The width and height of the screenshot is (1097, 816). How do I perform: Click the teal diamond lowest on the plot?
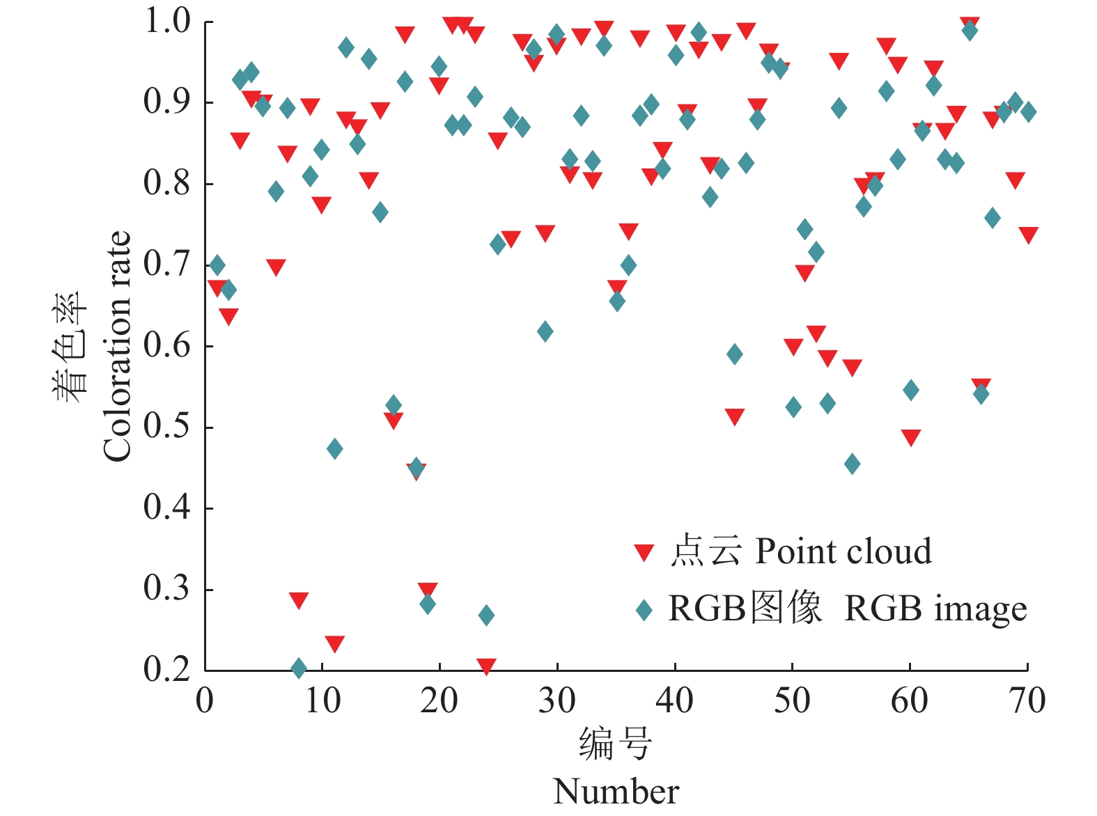click(299, 668)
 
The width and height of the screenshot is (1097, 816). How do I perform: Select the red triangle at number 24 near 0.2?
click(486, 666)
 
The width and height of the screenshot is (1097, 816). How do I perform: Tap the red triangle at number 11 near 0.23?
click(334, 643)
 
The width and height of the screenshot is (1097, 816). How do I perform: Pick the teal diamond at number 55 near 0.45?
click(852, 464)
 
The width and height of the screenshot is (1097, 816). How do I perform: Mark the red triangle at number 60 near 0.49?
click(910, 437)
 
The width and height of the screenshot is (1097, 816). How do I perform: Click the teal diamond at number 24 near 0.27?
click(486, 615)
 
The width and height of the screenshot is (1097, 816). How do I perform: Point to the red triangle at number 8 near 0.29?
click(299, 600)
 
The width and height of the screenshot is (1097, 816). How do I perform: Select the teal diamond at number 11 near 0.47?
click(334, 448)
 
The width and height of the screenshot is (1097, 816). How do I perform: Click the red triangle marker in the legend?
click(644, 553)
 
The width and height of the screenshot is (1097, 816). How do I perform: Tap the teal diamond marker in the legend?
click(644, 610)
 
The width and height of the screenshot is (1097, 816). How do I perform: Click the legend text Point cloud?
click(843, 551)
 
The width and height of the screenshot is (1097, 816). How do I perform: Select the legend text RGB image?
click(935, 609)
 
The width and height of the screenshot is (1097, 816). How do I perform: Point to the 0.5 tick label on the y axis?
click(166, 426)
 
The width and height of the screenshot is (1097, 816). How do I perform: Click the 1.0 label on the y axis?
click(166, 21)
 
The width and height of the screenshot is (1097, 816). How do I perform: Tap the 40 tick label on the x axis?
click(674, 700)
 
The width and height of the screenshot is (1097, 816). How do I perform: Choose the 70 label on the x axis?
click(1027, 700)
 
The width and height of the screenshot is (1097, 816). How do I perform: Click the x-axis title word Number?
click(616, 792)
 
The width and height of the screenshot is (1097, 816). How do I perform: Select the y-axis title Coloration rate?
click(117, 346)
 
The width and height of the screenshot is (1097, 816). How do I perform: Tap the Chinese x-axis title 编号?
click(615, 744)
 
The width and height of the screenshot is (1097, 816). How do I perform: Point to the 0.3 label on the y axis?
click(166, 588)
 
